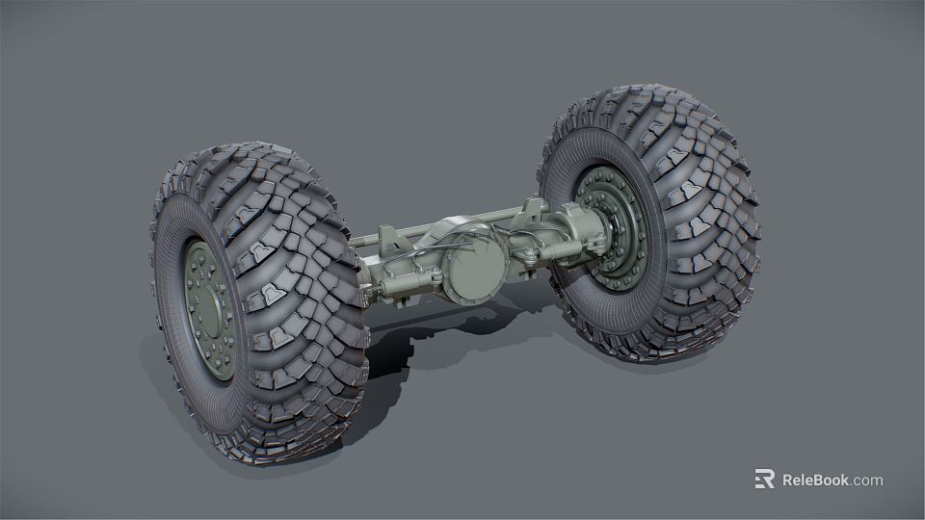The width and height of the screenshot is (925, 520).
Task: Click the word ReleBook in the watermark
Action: point(815,480)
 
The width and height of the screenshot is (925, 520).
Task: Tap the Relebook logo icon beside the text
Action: point(764,480)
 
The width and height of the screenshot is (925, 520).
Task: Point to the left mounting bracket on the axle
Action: point(387,241)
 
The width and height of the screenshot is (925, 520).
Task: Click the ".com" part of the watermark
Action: point(866,480)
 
